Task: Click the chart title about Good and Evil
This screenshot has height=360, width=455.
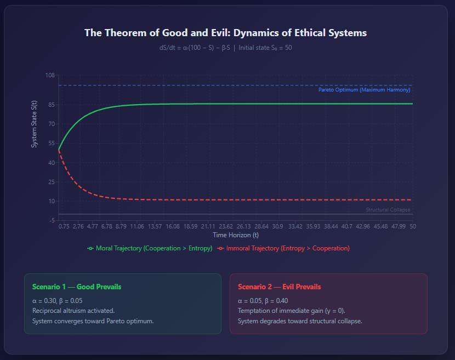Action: pyautogui.click(x=225, y=33)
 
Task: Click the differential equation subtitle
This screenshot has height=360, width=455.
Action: pyautogui.click(x=225, y=48)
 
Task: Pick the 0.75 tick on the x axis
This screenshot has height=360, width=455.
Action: pyautogui.click(x=64, y=226)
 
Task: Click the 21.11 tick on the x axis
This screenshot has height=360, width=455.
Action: pyautogui.click(x=208, y=226)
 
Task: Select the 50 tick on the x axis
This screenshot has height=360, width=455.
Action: pyautogui.click(x=413, y=226)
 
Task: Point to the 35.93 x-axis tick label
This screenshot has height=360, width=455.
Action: pyautogui.click(x=313, y=226)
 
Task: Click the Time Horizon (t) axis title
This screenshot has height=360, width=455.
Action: pyautogui.click(x=236, y=235)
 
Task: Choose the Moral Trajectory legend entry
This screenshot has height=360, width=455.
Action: pyautogui.click(x=150, y=248)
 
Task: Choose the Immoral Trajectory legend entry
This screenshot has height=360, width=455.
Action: pyautogui.click(x=283, y=248)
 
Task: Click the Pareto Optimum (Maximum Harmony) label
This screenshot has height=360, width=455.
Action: pyautogui.click(x=364, y=90)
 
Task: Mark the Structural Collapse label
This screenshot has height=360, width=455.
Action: pyautogui.click(x=388, y=210)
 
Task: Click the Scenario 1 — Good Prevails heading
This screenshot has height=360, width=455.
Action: pyautogui.click(x=77, y=287)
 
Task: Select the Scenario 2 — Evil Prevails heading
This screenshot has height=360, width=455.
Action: pyautogui.click(x=280, y=287)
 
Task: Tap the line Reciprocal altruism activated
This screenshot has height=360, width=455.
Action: pyautogui.click(x=73, y=311)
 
